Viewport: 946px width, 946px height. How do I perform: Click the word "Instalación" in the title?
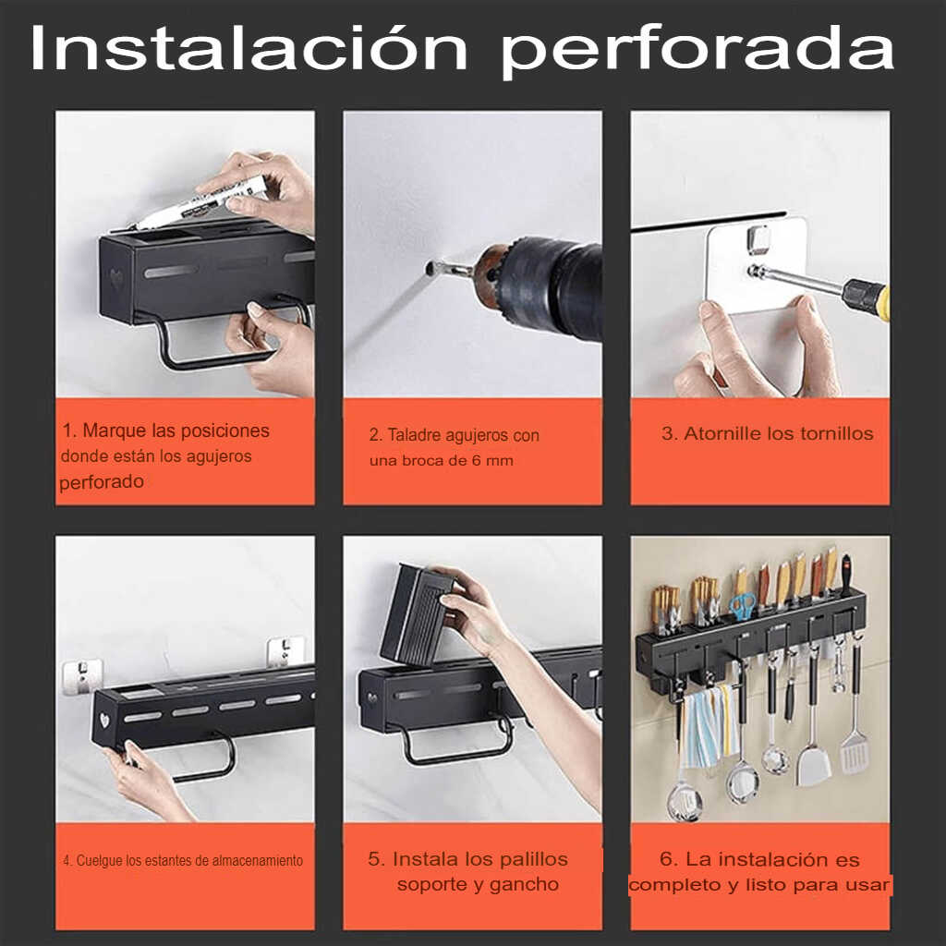click(x=249, y=48)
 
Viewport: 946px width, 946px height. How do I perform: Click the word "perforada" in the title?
click(x=697, y=53)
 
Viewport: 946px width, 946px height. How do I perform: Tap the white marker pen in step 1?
click(x=200, y=202)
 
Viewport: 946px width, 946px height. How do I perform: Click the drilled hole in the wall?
click(x=431, y=267)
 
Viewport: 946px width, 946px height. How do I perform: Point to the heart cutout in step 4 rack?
click(x=104, y=720)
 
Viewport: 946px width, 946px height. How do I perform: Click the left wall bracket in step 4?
click(x=81, y=675)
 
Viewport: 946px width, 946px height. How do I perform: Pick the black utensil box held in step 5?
click(x=417, y=614)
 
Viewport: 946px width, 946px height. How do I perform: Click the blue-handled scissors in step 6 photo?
click(x=744, y=605)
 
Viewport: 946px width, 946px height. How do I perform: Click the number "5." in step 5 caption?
click(x=377, y=859)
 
